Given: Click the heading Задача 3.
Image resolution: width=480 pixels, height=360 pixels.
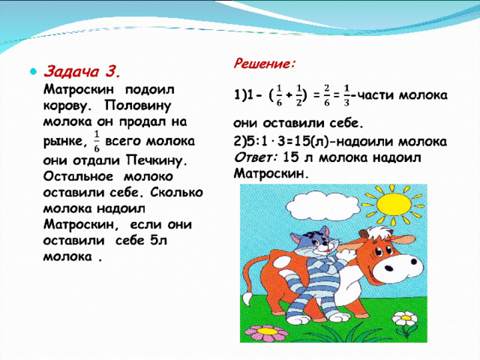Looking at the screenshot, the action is (x=82, y=72).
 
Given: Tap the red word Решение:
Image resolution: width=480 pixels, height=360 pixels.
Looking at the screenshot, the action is (x=265, y=64).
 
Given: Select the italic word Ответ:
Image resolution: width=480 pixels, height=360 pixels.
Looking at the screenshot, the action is (x=256, y=157).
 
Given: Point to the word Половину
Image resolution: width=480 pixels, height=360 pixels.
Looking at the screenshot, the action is (x=138, y=106).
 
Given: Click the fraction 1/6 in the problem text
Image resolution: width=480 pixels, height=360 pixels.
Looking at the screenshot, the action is (x=97, y=141).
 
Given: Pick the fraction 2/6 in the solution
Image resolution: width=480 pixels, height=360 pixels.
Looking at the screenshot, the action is (x=327, y=95).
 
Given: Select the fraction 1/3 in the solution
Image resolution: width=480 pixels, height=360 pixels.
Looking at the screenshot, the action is (x=346, y=95).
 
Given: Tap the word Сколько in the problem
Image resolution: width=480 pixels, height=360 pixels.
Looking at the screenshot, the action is (x=177, y=193).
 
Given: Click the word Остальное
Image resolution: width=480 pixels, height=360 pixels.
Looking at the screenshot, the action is (x=78, y=176).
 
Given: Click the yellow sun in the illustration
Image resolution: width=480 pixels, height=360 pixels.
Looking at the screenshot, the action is (x=394, y=204).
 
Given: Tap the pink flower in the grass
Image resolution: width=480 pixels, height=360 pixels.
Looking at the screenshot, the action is (x=266, y=333).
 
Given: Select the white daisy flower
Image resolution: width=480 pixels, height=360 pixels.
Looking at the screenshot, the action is (x=405, y=318).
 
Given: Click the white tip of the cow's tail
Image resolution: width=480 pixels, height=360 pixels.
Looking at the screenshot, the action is (x=247, y=298).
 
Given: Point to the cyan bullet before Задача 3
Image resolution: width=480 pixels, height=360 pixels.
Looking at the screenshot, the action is (x=33, y=72).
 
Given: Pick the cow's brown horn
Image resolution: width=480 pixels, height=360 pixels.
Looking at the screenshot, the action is (x=363, y=233).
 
